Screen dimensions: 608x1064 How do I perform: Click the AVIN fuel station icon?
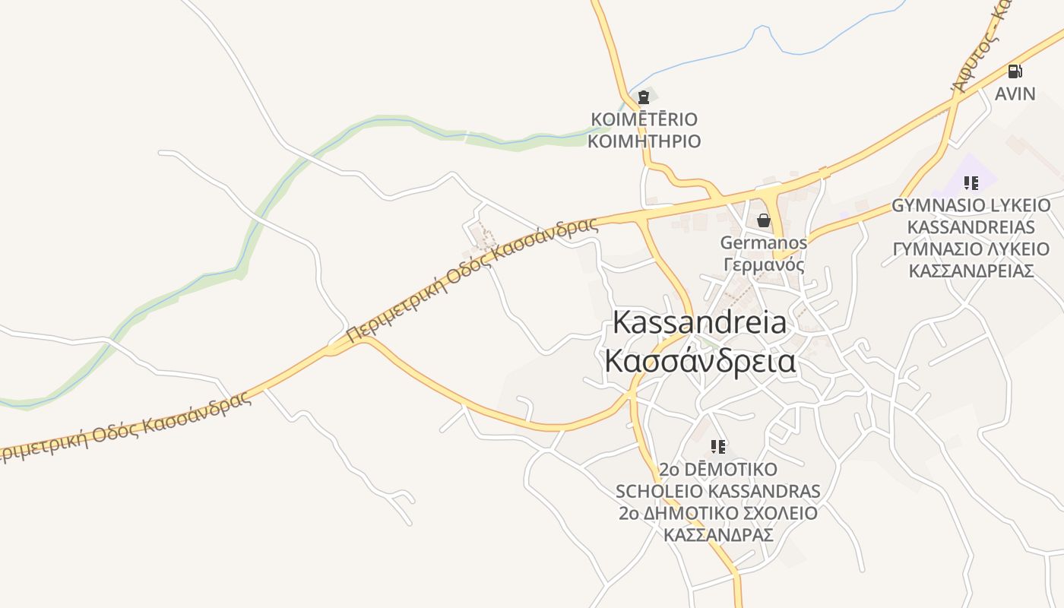(1015, 71)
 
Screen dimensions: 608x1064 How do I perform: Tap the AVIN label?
(1015, 93)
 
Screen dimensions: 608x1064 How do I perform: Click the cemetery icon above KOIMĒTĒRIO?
(644, 97)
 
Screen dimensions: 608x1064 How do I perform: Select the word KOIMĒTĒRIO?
(644, 119)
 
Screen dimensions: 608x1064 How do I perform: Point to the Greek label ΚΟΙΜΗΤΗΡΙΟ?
(644, 141)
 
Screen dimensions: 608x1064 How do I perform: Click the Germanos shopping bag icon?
(764, 220)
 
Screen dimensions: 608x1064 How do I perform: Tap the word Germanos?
(763, 242)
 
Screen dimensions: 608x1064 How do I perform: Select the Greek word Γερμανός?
(763, 264)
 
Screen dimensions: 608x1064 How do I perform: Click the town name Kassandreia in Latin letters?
(699, 322)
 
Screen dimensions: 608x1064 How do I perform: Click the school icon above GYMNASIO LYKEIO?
(971, 183)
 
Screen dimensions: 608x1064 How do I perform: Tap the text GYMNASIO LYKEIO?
(971, 205)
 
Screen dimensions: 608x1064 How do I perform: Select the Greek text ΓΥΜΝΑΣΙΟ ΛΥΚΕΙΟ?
(971, 249)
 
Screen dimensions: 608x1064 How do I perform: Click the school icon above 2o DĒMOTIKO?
(718, 446)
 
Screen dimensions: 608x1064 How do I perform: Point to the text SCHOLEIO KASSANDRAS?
(718, 491)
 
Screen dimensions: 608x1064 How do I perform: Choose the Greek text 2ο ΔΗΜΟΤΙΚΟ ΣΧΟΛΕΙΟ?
(718, 513)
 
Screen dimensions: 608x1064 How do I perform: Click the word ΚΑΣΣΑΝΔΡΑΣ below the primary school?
(718, 535)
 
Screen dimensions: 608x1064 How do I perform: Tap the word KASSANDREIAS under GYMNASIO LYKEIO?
(971, 227)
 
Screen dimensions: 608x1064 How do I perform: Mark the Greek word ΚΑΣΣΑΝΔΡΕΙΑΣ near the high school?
(971, 271)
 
